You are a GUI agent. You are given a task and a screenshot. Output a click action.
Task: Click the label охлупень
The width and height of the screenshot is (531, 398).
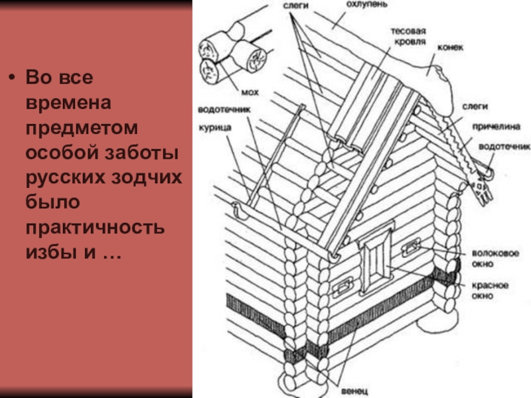click(367, 5)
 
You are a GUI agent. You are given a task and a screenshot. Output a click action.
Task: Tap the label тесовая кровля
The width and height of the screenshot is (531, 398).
click(409, 36)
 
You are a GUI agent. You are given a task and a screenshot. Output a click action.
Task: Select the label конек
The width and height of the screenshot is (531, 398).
click(450, 47)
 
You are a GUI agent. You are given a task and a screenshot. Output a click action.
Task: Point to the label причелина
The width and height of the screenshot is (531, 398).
click(496, 127)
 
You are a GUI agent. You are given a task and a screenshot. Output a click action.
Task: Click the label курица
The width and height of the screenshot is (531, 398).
click(214, 128)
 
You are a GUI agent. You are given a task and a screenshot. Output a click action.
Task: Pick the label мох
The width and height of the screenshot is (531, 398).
click(250, 92)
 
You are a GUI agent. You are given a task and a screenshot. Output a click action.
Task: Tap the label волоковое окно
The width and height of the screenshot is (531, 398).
click(495, 259)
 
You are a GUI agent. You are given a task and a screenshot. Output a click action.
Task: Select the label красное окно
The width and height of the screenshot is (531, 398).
click(490, 291)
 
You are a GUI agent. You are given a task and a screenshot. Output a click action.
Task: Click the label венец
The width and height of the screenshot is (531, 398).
click(354, 391)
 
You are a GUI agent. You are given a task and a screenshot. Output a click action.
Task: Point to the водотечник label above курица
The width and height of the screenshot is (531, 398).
click(224, 109)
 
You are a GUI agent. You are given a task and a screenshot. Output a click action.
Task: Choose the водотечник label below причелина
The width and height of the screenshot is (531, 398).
click(504, 147)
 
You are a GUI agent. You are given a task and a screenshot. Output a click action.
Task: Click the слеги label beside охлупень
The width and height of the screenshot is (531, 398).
click(295, 5)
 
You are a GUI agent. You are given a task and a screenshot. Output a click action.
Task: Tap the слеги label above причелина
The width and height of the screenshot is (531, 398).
click(475, 107)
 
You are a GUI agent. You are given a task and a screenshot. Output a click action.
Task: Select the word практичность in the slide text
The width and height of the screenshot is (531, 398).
click(95, 228)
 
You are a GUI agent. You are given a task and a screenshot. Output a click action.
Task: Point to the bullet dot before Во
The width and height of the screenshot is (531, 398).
click(12, 78)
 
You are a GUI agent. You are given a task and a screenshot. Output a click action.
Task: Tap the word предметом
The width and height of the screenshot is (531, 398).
click(82, 128)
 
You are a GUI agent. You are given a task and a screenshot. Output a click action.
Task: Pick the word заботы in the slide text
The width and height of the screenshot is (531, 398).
click(141, 152)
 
